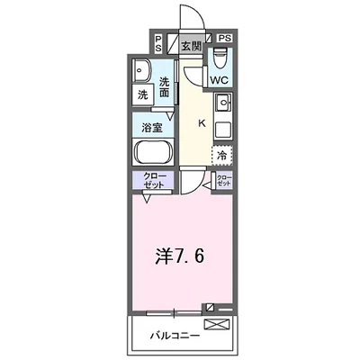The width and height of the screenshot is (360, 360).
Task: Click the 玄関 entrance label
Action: [189, 45]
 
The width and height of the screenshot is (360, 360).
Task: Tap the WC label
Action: [220, 80]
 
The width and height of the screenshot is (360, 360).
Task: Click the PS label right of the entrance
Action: [224, 39]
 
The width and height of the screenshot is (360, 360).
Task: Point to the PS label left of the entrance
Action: [159, 43]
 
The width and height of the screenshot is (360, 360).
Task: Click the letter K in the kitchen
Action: [202, 123]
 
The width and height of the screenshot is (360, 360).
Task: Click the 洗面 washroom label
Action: [165, 86]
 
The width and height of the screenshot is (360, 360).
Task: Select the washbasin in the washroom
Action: [142, 70]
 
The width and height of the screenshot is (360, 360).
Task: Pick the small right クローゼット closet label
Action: [223, 179]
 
